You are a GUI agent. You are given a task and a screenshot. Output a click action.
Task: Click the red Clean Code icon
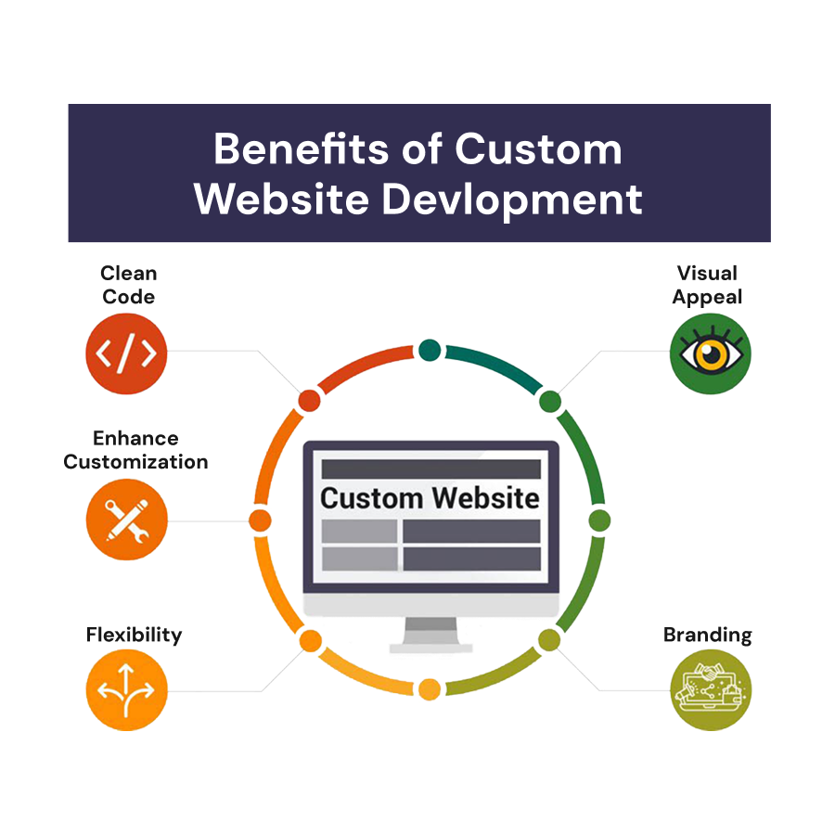pyautogui.click(x=126, y=353)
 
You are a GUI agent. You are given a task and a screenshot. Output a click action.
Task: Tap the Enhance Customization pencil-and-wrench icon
pyautogui.click(x=126, y=520)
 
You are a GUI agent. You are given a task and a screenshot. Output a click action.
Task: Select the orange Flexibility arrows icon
pyautogui.click(x=126, y=690)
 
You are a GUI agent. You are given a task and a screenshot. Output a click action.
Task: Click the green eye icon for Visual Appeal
pyautogui.click(x=710, y=353)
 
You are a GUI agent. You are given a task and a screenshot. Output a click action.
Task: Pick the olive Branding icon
pyautogui.click(x=710, y=690)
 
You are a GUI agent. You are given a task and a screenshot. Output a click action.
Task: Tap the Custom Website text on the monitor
pyautogui.click(x=430, y=498)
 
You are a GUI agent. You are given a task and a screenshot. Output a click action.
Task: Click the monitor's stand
pyautogui.click(x=430, y=636)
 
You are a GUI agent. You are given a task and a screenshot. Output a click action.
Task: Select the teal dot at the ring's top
pyautogui.click(x=429, y=350)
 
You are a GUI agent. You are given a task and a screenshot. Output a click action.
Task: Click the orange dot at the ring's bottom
pyautogui.click(x=429, y=689)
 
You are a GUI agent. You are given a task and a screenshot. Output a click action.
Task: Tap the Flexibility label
pyautogui.click(x=134, y=636)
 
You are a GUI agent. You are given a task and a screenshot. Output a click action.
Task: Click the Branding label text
pyautogui.click(x=707, y=636)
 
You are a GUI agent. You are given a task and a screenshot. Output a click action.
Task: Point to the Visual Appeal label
pyautogui.click(x=707, y=285)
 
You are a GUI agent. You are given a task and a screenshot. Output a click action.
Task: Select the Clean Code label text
pyautogui.click(x=128, y=285)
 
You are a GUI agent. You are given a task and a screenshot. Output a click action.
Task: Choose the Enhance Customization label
pyautogui.click(x=135, y=450)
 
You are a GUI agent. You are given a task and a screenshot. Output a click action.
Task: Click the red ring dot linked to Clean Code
pyautogui.click(x=309, y=400)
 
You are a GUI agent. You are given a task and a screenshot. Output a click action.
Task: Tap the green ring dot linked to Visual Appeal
pyautogui.click(x=550, y=401)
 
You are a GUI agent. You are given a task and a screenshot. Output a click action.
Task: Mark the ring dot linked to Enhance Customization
pyautogui.click(x=260, y=520)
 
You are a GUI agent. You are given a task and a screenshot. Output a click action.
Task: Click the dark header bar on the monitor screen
pyautogui.click(x=430, y=469)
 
